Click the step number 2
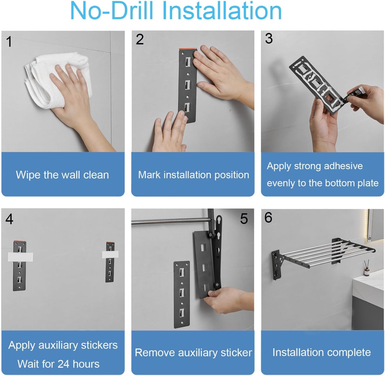point(140,39)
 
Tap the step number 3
point(269,38)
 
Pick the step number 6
point(268,217)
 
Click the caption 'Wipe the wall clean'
point(62,175)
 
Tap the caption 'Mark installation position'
point(193,175)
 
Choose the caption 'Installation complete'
point(321,352)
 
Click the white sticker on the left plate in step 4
point(20,257)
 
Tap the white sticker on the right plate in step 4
point(110,254)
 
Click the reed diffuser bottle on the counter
point(367,268)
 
